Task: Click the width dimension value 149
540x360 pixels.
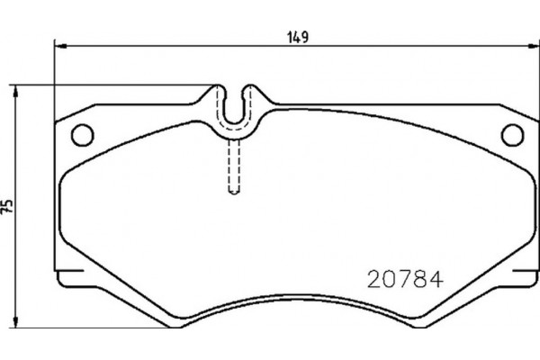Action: (299, 37)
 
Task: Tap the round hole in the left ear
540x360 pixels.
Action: (82, 133)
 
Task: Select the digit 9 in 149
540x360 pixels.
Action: (307, 37)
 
